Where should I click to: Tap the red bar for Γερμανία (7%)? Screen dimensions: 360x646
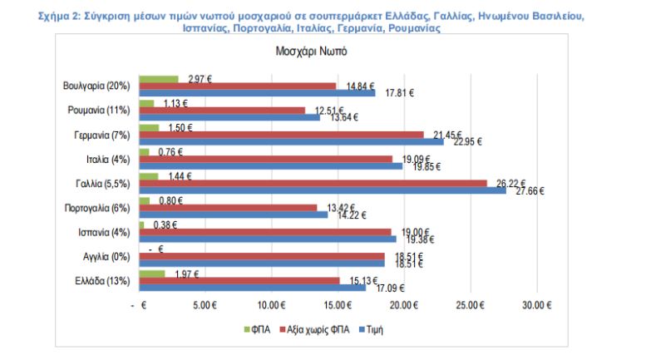[x=282, y=134]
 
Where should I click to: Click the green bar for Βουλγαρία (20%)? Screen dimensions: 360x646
[x=159, y=79]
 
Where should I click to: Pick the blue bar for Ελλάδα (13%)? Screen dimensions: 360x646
[x=253, y=287]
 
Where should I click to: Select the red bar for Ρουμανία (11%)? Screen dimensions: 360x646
[x=222, y=110]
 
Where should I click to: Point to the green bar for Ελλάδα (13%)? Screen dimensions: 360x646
[x=152, y=274]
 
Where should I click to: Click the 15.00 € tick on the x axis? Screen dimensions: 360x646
[x=337, y=305]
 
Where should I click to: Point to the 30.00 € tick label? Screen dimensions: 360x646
[x=536, y=305]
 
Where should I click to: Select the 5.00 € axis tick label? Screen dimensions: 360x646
[x=205, y=305]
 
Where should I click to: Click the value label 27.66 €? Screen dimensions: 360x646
[x=530, y=191]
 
